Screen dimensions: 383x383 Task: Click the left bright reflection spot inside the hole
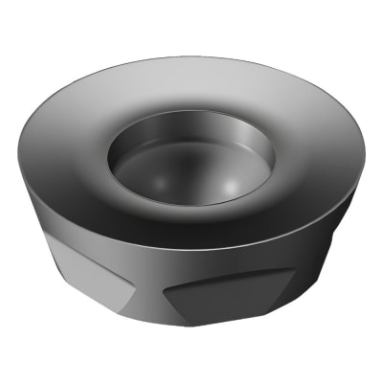pyautogui.click(x=144, y=177)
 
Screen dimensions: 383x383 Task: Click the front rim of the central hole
pyautogui.click(x=191, y=205)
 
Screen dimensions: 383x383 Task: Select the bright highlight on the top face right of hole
pyautogui.click(x=306, y=153)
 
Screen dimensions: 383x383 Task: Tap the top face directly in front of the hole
pyautogui.click(x=191, y=230)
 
